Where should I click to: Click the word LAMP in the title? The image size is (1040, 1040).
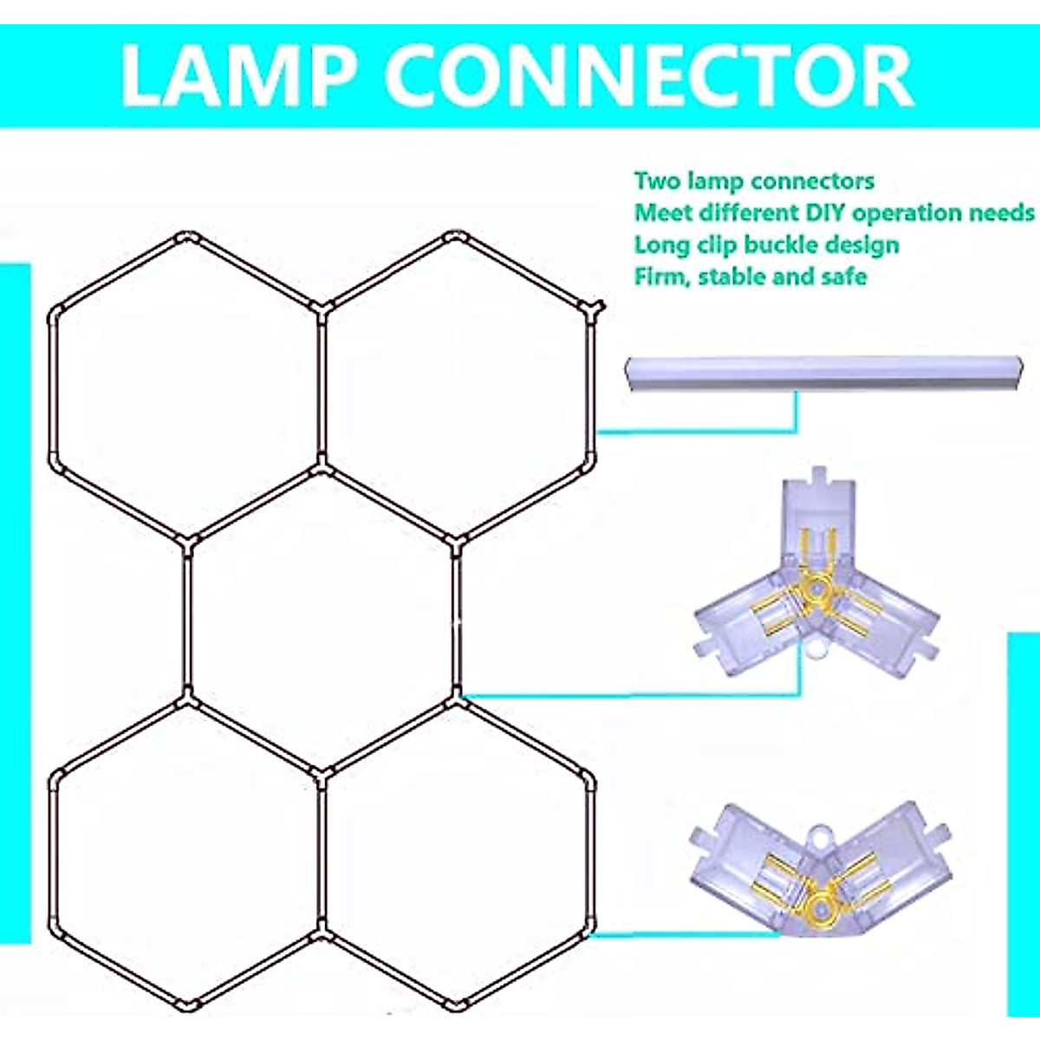239,76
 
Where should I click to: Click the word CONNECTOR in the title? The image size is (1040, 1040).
649,76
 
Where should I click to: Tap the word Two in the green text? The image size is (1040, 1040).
656,181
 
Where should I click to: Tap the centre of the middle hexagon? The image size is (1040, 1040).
322,619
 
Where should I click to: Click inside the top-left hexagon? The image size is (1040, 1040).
186,386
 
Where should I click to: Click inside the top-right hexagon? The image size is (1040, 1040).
458,386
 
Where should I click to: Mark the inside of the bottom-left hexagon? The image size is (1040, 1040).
186,854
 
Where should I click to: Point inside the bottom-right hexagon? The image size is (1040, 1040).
458,854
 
